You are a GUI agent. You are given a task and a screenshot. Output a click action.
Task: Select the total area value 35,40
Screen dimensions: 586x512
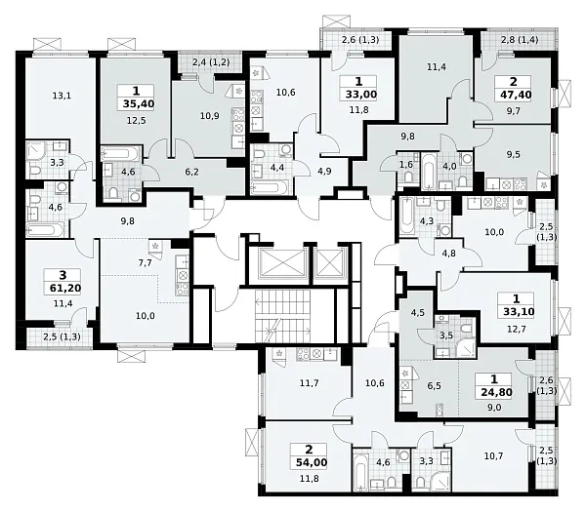[x=139, y=104]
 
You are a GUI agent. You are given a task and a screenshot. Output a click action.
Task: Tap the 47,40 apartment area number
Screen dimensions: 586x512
[x=516, y=95]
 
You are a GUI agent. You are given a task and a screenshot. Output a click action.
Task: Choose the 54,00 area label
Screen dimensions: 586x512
[x=312, y=462]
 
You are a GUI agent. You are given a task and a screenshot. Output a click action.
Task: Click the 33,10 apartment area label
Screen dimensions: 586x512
[x=519, y=311]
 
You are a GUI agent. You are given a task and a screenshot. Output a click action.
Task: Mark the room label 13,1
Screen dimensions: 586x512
[x=62, y=96]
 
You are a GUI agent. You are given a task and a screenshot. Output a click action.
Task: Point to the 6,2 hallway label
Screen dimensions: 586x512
[x=191, y=172]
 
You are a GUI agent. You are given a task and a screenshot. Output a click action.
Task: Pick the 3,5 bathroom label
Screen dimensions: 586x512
[x=446, y=335]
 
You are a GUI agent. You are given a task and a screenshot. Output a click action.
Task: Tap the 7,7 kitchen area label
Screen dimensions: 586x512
[x=145, y=263]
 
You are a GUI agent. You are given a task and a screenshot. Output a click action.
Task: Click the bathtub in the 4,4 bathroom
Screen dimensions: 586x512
[x=271, y=187]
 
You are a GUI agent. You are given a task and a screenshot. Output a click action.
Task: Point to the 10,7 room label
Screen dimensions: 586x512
[x=493, y=455]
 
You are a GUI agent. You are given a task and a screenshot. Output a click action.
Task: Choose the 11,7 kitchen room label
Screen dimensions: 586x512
[x=310, y=383]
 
